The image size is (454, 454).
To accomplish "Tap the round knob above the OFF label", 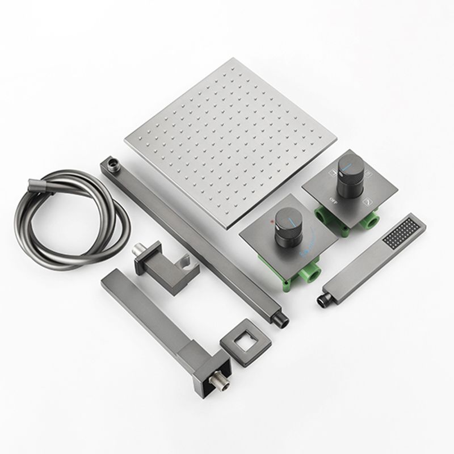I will pyautogui.click(x=347, y=169).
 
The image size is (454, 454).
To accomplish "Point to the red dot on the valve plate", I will pyautogui.click(x=274, y=217).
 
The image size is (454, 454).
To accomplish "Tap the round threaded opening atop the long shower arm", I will pyautogui.click(x=113, y=165).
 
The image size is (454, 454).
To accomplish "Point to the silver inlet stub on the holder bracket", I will pyautogui.click(x=138, y=250).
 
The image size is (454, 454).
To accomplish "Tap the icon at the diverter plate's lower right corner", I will pyautogui.click(x=368, y=200).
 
